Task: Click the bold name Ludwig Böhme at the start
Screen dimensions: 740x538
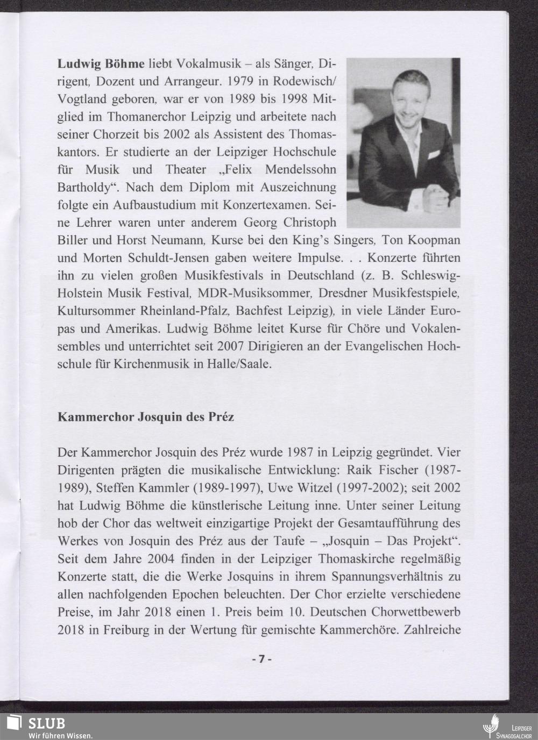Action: [x=101, y=64]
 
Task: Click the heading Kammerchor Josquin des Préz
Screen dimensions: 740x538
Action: [x=146, y=417]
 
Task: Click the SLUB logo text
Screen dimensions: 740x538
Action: [x=47, y=723]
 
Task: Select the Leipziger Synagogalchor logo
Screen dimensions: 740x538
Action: [x=506, y=725]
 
